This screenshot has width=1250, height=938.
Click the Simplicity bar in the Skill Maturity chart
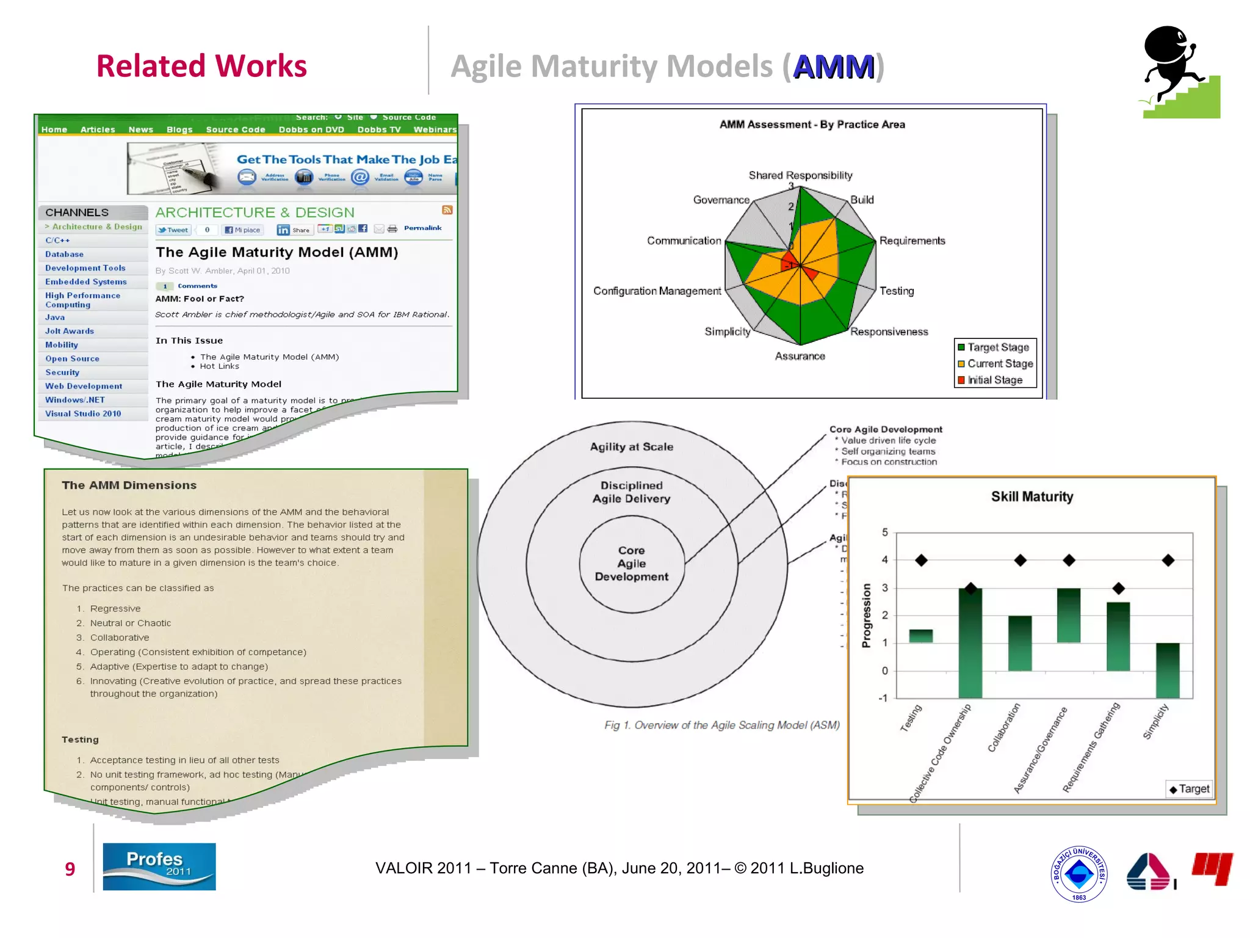point(1167,670)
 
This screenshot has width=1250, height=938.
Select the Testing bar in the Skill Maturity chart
point(920,636)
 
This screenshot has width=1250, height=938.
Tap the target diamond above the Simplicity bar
point(1168,560)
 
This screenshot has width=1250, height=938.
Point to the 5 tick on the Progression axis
point(884,533)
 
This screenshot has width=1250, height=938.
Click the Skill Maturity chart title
point(1031,496)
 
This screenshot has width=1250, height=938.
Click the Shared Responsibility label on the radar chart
point(800,175)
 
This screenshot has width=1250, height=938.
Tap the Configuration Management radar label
point(657,291)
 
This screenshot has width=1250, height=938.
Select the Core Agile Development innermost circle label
point(631,563)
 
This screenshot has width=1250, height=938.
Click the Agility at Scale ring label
point(631,446)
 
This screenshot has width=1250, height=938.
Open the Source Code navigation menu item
point(236,129)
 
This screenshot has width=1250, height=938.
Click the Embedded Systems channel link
point(86,282)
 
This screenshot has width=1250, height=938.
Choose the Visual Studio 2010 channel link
point(83,413)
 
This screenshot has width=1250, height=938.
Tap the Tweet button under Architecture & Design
point(173,230)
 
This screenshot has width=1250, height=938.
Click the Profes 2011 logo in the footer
point(159,866)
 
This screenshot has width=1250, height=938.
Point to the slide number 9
point(70,868)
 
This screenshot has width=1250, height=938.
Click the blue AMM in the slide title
point(833,67)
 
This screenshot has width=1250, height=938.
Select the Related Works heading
point(201,66)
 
